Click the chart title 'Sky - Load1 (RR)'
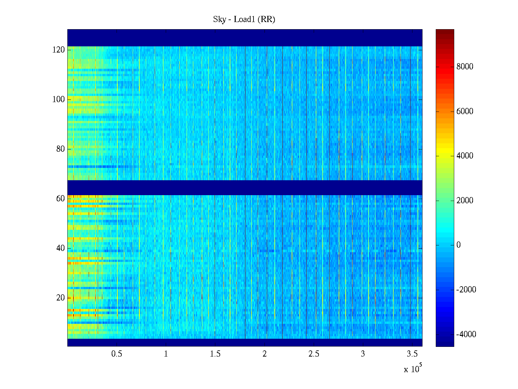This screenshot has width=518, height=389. click(244, 19)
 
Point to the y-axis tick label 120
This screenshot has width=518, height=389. click(59, 50)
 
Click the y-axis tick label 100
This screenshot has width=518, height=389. click(59, 100)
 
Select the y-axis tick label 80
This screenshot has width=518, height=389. click(61, 149)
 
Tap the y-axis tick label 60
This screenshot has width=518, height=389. click(61, 199)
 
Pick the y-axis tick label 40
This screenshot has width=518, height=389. click(61, 248)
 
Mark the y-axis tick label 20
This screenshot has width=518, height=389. click(61, 298)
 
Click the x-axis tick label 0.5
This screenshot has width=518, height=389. click(117, 354)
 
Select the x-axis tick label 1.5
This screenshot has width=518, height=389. click(215, 354)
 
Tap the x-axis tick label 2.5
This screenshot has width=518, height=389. click(314, 354)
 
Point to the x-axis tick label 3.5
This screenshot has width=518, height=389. click(412, 354)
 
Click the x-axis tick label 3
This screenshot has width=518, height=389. click(363, 354)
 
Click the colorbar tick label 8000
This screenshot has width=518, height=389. click(465, 67)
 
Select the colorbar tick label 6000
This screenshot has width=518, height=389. click(465, 112)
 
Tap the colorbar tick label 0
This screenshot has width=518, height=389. click(458, 245)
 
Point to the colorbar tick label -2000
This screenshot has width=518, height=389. click(466, 290)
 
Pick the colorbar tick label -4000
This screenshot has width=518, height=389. click(466, 335)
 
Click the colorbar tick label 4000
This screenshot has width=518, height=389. click(465, 156)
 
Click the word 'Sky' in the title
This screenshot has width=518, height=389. click(219, 19)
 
